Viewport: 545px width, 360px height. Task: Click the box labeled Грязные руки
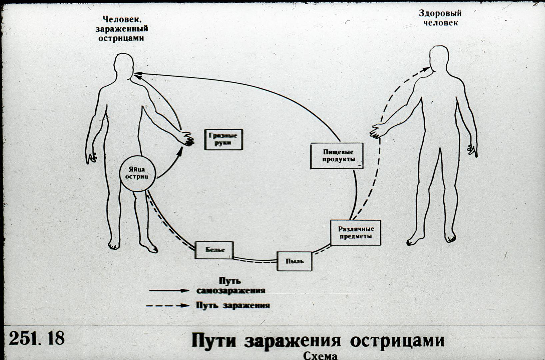224,139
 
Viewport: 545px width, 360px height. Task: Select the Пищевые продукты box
337,156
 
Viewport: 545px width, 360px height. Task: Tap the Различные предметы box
356,233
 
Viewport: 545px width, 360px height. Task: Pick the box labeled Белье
214,250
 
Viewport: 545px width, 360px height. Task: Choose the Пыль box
294,261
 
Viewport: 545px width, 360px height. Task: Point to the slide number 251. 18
37,338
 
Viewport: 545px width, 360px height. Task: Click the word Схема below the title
320,356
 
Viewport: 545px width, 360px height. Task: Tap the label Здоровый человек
440,18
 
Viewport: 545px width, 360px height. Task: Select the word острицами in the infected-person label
121,38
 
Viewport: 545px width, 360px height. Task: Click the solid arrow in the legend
169,290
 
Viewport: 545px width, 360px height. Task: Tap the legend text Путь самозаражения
230,286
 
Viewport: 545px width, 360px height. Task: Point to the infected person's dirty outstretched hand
186,139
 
